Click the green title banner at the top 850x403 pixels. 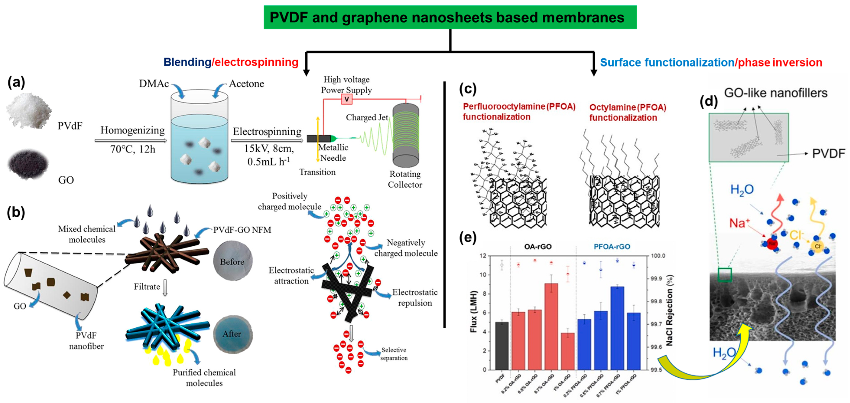tap(450, 17)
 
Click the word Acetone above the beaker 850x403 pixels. tap(246, 84)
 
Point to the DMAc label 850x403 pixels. tap(154, 84)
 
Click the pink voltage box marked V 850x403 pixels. tap(347, 99)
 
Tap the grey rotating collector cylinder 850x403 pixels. tap(406, 135)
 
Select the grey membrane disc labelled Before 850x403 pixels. tap(233, 261)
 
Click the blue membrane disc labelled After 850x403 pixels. tap(233, 334)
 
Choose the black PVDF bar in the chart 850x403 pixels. tap(502, 346)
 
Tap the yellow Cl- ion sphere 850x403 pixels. tap(818, 246)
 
